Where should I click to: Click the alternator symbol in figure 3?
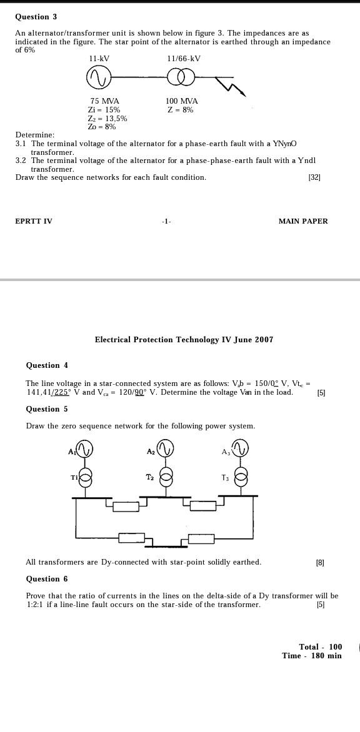click(99, 77)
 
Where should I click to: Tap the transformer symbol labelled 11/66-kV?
click(181, 77)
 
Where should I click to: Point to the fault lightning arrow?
click(231, 86)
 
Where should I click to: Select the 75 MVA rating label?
click(104, 101)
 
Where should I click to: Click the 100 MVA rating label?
click(181, 101)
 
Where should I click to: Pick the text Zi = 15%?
click(104, 110)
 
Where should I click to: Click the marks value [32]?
click(314, 177)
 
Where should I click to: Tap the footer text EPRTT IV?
click(34, 221)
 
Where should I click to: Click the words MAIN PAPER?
click(303, 221)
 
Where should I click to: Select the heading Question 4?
click(47, 365)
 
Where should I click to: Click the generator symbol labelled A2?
click(165, 448)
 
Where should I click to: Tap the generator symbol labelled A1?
click(84, 449)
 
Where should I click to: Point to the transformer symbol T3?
click(241, 477)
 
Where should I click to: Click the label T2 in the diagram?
click(150, 477)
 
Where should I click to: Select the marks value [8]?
click(320, 563)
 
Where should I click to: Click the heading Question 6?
click(47, 579)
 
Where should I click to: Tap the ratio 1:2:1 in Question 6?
click(35, 605)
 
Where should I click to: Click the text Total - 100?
click(320, 647)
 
